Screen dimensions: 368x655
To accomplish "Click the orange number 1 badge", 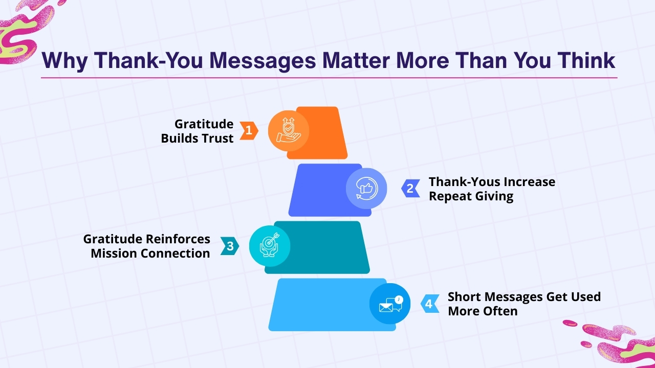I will (x=249, y=131).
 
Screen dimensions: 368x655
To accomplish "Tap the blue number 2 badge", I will (x=410, y=189).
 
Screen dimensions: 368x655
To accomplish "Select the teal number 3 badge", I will (x=230, y=246).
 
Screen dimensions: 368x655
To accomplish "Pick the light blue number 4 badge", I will (x=429, y=304).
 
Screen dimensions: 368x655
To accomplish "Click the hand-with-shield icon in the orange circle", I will (x=288, y=131).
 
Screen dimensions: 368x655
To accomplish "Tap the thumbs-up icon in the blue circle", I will (x=366, y=189).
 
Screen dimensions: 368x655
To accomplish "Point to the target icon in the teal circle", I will (x=270, y=246).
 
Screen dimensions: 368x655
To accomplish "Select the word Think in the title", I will (x=586, y=61).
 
